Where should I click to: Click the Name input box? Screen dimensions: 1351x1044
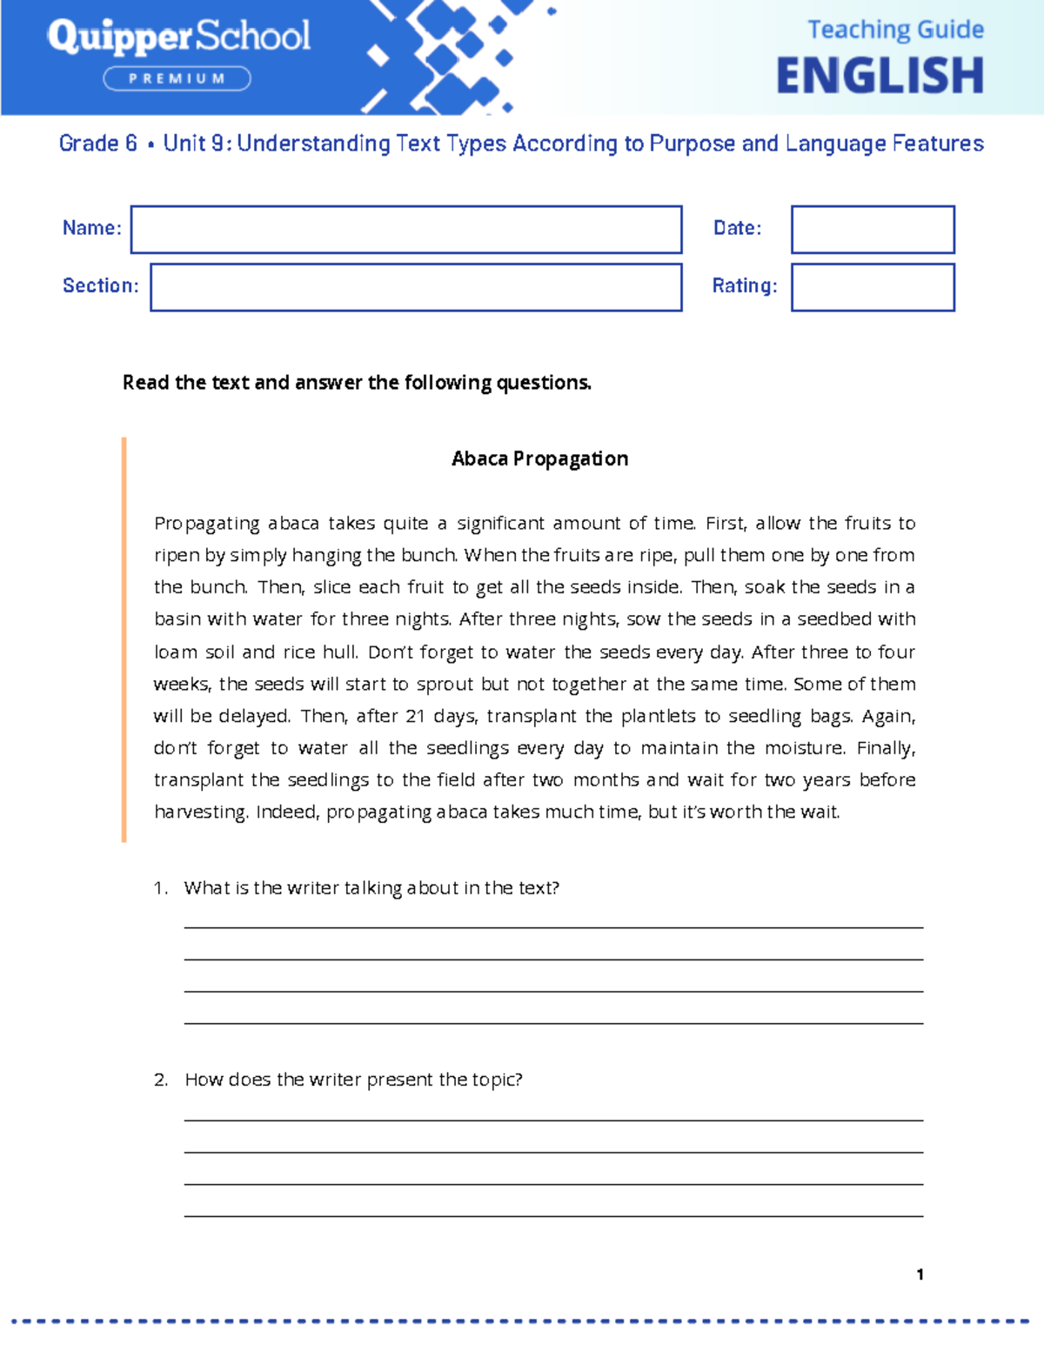click(x=406, y=230)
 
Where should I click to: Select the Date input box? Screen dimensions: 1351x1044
click(x=873, y=230)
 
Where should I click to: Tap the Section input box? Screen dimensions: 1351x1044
click(x=416, y=287)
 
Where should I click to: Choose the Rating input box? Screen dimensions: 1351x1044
click(x=873, y=287)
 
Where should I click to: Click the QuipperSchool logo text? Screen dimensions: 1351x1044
click(x=178, y=37)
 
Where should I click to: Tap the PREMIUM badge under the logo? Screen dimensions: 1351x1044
click(x=177, y=79)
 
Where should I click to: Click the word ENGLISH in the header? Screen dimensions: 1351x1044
click(x=880, y=76)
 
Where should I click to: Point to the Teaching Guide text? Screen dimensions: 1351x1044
click(x=895, y=30)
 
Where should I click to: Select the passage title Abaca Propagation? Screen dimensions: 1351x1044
click(x=539, y=458)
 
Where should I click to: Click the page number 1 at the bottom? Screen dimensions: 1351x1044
click(x=920, y=1274)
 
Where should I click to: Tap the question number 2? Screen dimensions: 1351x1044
click(x=161, y=1080)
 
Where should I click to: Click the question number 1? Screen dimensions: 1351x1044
click(x=160, y=888)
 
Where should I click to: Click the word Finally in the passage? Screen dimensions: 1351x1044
click(x=885, y=748)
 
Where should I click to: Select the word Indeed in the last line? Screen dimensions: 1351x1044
click(x=287, y=812)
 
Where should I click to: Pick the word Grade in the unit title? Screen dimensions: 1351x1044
click(x=88, y=144)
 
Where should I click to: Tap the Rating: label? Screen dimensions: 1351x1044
click(x=745, y=285)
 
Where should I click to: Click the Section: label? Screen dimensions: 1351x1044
click(x=100, y=285)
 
